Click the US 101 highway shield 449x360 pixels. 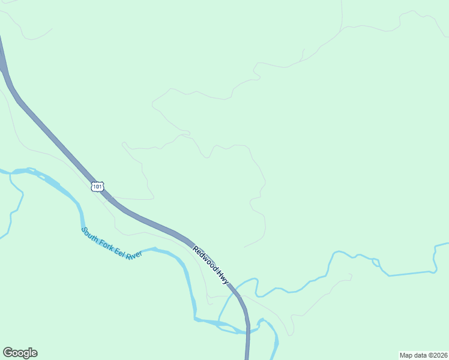point(98,187)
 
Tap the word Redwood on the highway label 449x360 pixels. point(204,259)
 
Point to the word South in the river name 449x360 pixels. point(90,233)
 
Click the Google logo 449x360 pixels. point(20,353)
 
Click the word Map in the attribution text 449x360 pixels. point(407,355)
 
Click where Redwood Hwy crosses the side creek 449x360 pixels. point(235,290)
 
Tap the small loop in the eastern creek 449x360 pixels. point(376,262)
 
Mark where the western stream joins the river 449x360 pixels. point(12,172)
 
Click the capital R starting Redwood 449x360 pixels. point(194,248)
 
